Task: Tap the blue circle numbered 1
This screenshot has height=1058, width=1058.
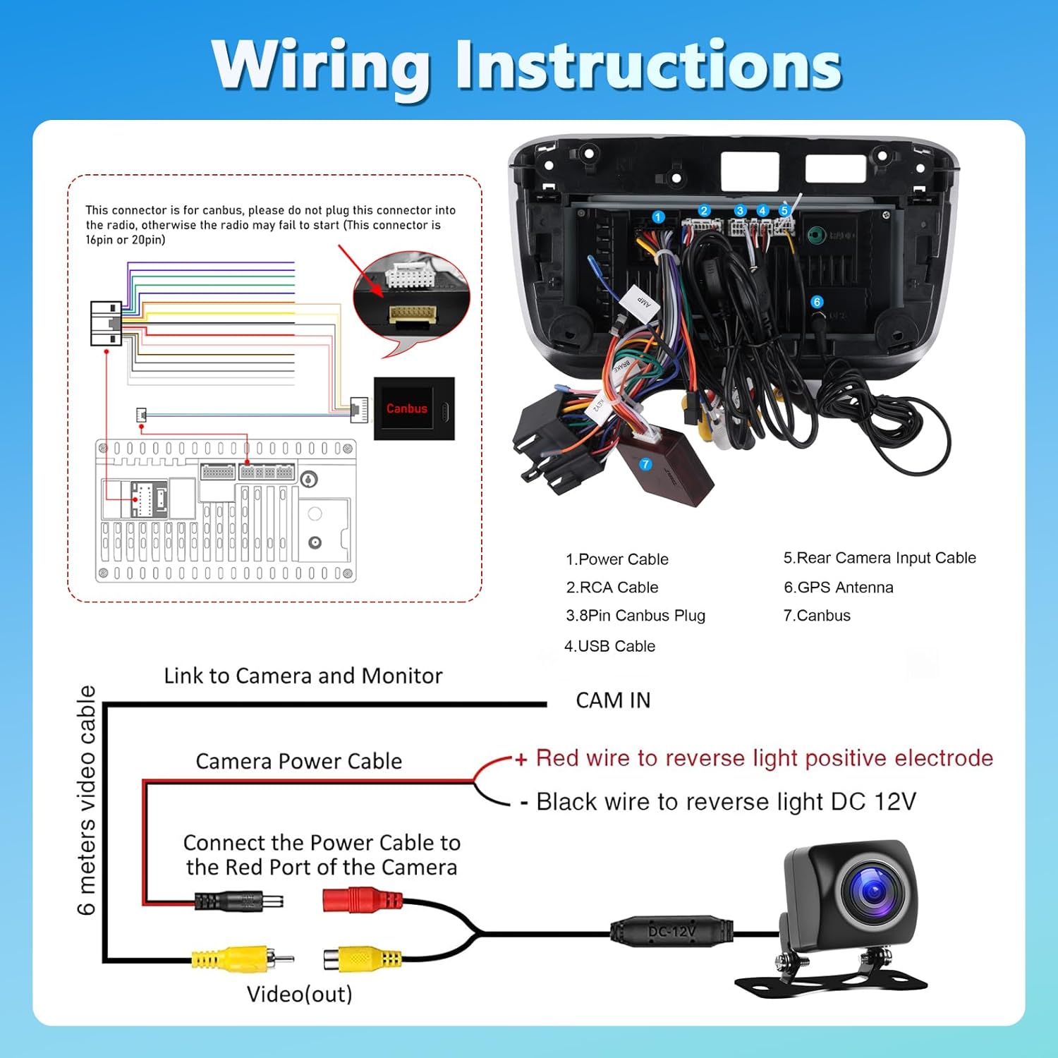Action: (658, 217)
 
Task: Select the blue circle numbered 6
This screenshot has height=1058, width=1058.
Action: (817, 302)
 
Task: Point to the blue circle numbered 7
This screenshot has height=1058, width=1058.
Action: (645, 464)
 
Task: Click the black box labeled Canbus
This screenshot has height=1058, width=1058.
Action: (413, 408)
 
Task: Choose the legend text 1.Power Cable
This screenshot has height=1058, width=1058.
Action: (616, 559)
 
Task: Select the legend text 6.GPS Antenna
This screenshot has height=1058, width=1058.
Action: (838, 588)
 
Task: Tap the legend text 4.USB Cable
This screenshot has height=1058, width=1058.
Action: (609, 646)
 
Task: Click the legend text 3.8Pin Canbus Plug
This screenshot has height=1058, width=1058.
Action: (635, 616)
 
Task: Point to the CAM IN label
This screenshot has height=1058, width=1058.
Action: (613, 700)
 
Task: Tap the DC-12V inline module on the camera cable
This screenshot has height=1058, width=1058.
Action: (671, 932)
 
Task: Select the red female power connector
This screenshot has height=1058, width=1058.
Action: (362, 900)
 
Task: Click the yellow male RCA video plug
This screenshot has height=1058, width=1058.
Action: (241, 959)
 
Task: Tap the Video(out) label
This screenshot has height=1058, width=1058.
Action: (299, 995)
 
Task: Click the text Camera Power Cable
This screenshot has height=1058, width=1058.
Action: (298, 762)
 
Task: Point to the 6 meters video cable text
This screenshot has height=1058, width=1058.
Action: (86, 801)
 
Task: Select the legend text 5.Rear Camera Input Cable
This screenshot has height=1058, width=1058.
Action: (880, 558)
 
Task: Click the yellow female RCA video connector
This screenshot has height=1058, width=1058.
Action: (363, 959)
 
